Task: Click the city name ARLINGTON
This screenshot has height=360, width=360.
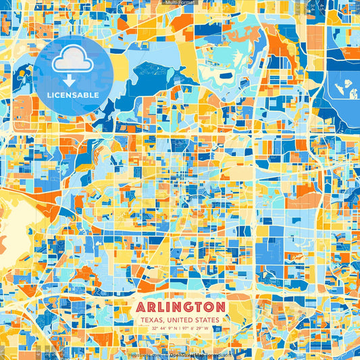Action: [x=180, y=307]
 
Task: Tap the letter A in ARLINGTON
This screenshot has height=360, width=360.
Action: [x=140, y=307]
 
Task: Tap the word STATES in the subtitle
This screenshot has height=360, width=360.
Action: [x=207, y=319]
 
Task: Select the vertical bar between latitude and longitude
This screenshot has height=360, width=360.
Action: [x=178, y=329]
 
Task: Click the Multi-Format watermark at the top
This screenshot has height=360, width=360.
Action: [x=180, y=3]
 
